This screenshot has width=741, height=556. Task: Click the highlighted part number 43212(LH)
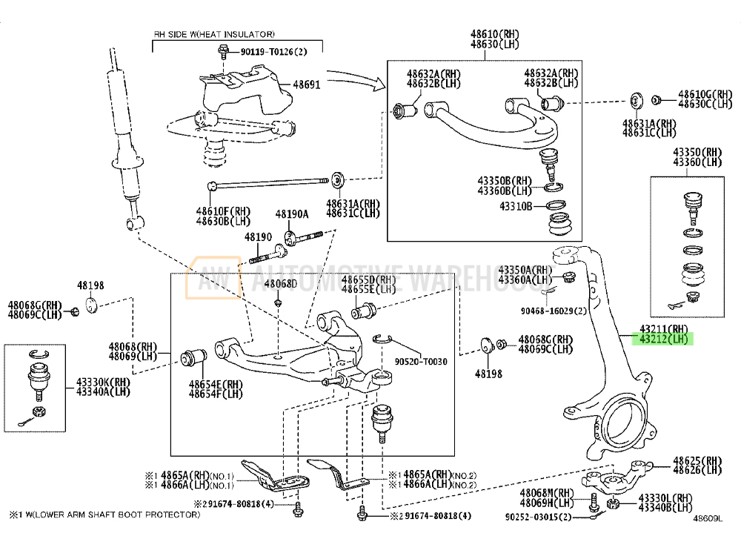click(665, 340)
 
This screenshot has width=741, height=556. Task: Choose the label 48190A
click(291, 214)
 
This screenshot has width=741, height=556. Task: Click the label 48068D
click(281, 284)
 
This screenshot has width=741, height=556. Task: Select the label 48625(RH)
click(697, 460)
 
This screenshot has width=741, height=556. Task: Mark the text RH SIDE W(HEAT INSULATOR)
click(214, 34)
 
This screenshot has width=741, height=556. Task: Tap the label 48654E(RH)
click(215, 384)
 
